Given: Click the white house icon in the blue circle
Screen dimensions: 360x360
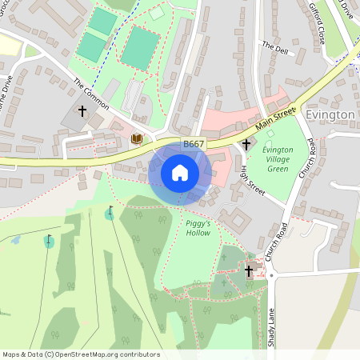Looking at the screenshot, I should pos(180,173).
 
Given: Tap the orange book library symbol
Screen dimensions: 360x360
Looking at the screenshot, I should pos(136,138).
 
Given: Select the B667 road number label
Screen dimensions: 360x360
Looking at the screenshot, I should pos(193,144).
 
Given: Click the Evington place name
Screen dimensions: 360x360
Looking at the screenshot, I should pos(330,115).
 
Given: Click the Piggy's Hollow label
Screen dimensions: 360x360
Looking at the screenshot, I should pos(198,228).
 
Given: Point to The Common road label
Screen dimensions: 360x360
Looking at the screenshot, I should pos(90,94).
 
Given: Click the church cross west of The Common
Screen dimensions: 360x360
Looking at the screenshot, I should pos(82,110).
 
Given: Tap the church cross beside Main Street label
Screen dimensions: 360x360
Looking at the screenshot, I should pos(246,144).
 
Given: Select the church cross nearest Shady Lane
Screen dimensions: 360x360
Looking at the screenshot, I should pos(249,271).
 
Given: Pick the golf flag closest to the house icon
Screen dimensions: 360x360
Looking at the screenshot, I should pos(110,212).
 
